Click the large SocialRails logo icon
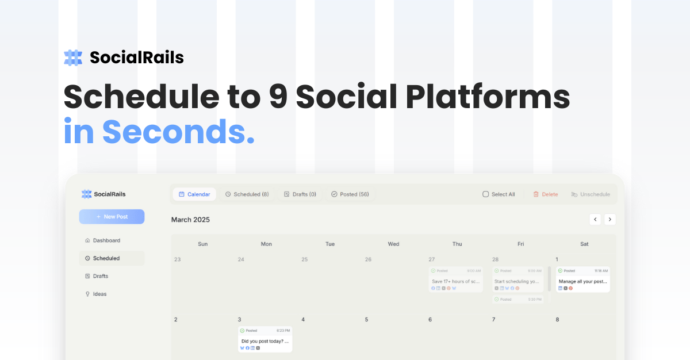click(73, 58)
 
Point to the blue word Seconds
click(178, 132)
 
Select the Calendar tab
click(194, 194)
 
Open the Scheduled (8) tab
click(247, 194)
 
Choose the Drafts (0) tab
click(300, 194)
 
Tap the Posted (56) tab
click(350, 194)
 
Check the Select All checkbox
click(486, 194)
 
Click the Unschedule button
click(590, 194)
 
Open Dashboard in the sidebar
click(106, 240)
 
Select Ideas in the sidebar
click(99, 294)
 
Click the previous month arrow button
click(595, 219)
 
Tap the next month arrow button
click(610, 219)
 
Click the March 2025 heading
click(190, 220)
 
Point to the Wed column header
click(393, 244)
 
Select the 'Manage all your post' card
click(583, 281)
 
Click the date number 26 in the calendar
click(368, 259)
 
